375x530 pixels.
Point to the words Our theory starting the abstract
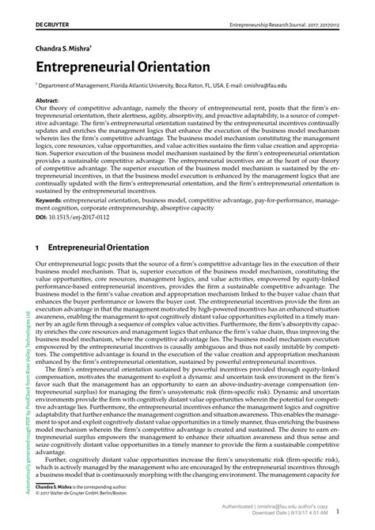[x=53, y=110]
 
